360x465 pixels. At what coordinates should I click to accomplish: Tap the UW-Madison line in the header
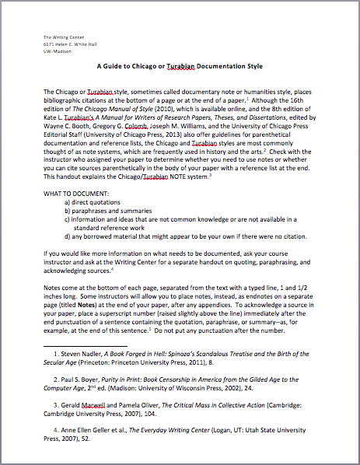coord(55,50)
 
